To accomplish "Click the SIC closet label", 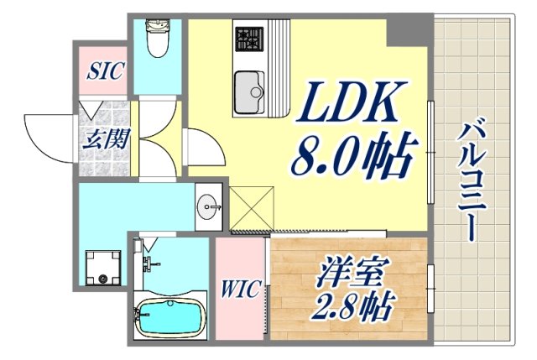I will [x=105, y=70].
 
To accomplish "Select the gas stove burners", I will [x=248, y=38].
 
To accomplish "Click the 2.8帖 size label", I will [x=352, y=307].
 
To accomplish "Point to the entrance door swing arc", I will [x=46, y=134].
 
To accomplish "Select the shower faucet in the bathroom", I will [x=149, y=263].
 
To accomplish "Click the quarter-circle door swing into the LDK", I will [x=201, y=151].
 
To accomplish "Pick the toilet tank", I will [x=157, y=26].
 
